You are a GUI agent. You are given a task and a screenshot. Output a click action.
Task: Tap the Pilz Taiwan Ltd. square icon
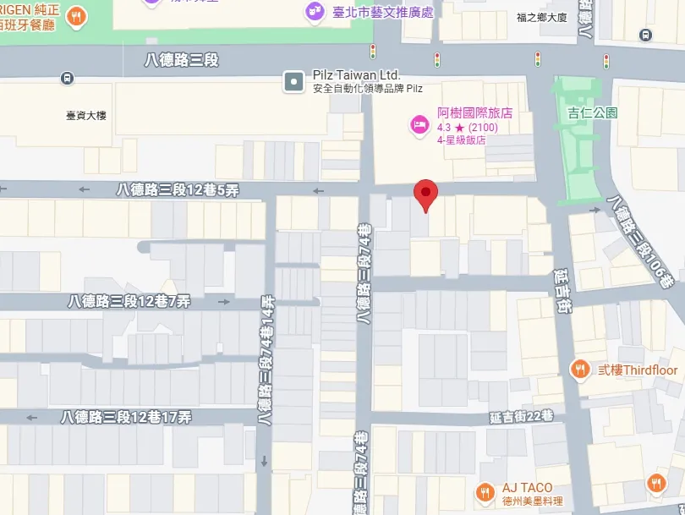coord(293,81)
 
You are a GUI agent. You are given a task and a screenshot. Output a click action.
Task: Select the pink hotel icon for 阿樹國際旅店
coord(419,126)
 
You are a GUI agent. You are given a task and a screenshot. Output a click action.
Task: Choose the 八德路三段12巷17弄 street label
coord(126,417)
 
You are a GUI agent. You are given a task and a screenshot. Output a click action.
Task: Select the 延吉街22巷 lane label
coord(521,415)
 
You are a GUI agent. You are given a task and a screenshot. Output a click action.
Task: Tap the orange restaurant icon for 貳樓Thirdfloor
coord(579,370)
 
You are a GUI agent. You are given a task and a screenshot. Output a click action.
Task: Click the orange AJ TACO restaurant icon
coord(485,492)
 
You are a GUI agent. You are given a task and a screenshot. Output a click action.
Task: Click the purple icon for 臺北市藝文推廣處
coord(313,12)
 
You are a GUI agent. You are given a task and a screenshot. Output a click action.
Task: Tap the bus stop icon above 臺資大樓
coord(67,79)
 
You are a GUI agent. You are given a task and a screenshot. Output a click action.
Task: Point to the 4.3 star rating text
coord(467,128)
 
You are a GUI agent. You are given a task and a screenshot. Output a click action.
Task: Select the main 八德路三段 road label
coord(182,59)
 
